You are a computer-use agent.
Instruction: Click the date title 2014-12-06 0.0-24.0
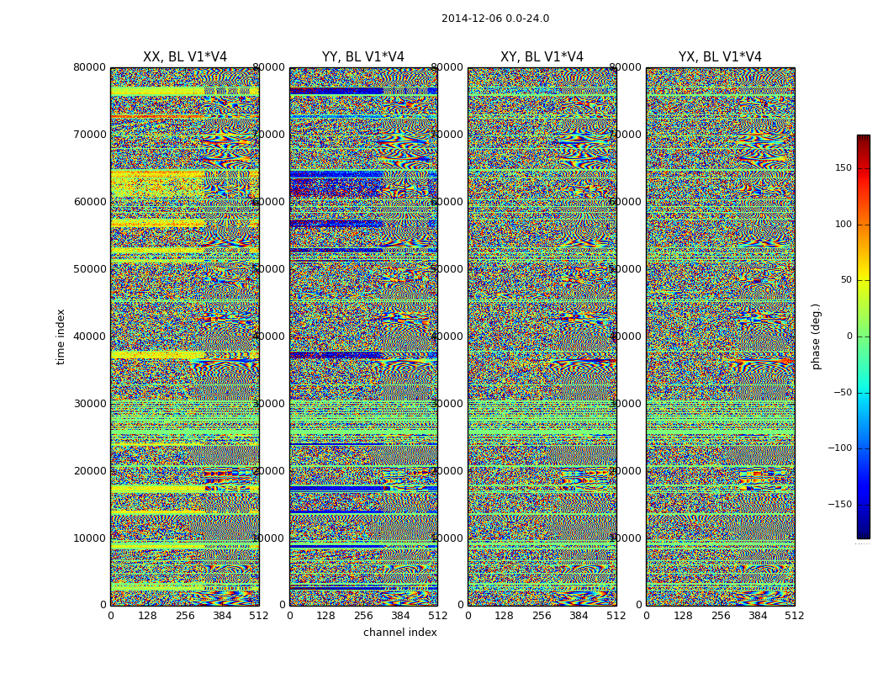pos(495,19)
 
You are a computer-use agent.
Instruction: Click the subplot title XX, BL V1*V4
pos(185,57)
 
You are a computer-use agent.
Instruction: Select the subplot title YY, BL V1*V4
pos(363,57)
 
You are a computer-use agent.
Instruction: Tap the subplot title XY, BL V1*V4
pos(542,57)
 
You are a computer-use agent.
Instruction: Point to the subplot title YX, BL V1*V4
pos(720,57)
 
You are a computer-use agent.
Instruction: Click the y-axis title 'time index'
pos(61,336)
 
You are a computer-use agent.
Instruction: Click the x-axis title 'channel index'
pos(399,633)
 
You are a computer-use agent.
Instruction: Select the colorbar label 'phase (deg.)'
pos(816,336)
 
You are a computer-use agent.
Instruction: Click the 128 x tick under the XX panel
pos(147,616)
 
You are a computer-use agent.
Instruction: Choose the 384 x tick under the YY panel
pos(400,616)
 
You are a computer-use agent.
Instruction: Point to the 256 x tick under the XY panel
pos(542,616)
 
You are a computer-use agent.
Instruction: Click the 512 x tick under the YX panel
pos(795,616)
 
